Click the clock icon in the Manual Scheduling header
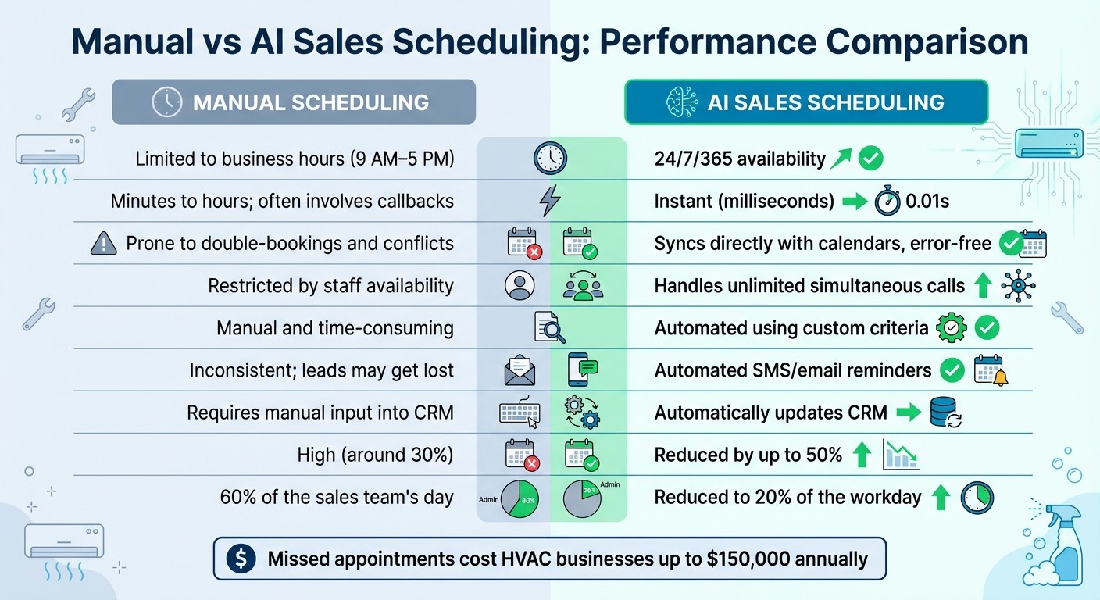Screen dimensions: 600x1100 point(167,102)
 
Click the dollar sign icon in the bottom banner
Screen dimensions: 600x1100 point(240,559)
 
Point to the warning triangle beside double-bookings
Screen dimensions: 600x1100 point(104,244)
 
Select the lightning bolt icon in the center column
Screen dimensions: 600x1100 point(550,201)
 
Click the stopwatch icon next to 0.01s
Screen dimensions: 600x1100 point(887,201)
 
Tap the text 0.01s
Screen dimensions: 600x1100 point(927,202)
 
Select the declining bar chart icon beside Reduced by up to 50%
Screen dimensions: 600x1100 point(900,455)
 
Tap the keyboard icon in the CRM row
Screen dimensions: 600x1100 point(520,412)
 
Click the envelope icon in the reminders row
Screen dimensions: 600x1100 point(520,370)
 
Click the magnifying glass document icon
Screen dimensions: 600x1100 point(550,327)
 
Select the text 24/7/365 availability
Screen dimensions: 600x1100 point(739,159)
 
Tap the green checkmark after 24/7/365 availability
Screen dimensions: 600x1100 point(870,159)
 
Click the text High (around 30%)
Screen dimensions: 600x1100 point(375,455)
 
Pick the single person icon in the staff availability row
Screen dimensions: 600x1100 point(520,286)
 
